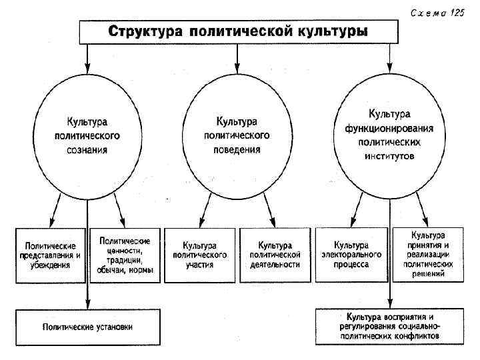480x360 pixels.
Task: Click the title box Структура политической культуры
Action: pos(237,31)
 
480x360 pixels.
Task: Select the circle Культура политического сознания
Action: pos(87,136)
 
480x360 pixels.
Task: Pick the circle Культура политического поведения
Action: pos(237,135)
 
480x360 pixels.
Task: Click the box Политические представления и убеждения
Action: pos(51,255)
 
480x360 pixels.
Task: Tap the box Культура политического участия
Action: pos(200,255)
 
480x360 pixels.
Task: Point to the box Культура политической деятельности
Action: pos(275,255)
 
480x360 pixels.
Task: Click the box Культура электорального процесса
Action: pos(351,255)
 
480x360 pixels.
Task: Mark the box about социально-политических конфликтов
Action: pos(390,326)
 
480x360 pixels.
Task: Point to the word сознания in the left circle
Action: pos(87,149)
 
